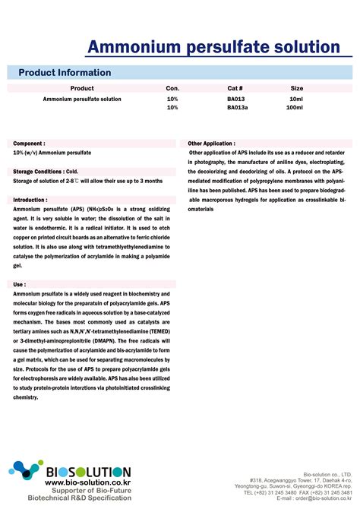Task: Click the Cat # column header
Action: click(235, 89)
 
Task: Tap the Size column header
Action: click(297, 89)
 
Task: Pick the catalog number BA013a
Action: click(237, 108)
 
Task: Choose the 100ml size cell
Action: click(294, 108)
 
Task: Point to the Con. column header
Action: click(172, 89)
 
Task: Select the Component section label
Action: click(30, 143)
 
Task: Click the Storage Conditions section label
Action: click(46, 172)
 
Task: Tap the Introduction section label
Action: click(30, 200)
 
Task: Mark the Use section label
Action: click(20, 284)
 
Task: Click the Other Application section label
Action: click(212, 143)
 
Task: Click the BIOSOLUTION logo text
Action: click(87, 472)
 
